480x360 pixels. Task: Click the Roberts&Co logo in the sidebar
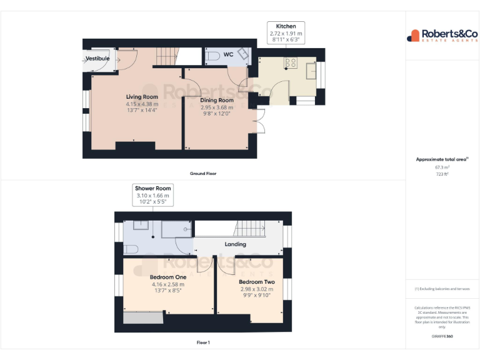[442, 36]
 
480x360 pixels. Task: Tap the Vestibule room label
[97, 58]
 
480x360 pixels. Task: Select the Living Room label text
[142, 97]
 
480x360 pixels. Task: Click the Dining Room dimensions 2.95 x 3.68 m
[217, 107]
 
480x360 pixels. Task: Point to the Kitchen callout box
[286, 32]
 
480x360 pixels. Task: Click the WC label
[229, 55]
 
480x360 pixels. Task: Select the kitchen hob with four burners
[291, 62]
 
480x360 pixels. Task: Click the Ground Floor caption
[203, 173]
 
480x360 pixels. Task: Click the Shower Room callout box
[153, 195]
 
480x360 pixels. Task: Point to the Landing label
[235, 244]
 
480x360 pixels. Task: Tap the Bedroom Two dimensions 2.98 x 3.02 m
[257, 289]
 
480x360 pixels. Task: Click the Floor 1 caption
[203, 342]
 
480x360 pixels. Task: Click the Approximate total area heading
[442, 159]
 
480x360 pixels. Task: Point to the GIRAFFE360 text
[442, 337]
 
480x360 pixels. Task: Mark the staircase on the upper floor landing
[254, 228]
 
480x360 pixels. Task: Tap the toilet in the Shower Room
[131, 249]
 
